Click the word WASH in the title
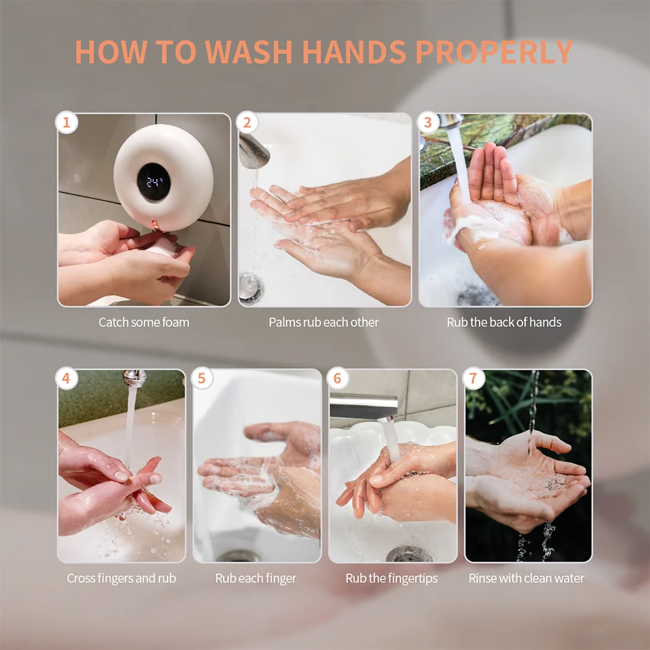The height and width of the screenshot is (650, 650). pyautogui.click(x=249, y=52)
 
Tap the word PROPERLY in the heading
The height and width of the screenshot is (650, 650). pyautogui.click(x=494, y=52)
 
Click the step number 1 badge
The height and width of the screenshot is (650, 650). pyautogui.click(x=66, y=122)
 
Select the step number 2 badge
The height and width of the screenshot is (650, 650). pyautogui.click(x=247, y=122)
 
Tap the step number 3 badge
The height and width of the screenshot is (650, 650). pyautogui.click(x=428, y=122)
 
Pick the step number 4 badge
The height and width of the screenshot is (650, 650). pyautogui.click(x=66, y=378)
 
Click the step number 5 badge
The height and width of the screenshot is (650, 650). pyautogui.click(x=202, y=378)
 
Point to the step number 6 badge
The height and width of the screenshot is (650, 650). pyautogui.click(x=337, y=378)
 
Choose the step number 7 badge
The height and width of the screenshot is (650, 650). pyautogui.click(x=473, y=378)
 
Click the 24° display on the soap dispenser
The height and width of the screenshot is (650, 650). pyautogui.click(x=154, y=181)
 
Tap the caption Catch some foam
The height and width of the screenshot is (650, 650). pyautogui.click(x=144, y=322)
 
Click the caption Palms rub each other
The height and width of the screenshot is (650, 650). pyautogui.click(x=324, y=322)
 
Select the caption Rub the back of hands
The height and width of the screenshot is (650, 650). pyautogui.click(x=504, y=322)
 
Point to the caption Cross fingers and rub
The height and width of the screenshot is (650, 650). pyautogui.click(x=122, y=578)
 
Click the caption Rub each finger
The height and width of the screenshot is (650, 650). pyautogui.click(x=255, y=578)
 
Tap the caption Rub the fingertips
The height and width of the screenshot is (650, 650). pyautogui.click(x=392, y=578)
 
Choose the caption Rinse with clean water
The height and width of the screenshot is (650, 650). pyautogui.click(x=526, y=578)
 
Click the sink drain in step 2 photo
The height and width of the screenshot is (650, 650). pyautogui.click(x=251, y=287)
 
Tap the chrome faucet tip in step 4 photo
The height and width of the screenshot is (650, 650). pyautogui.click(x=135, y=378)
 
